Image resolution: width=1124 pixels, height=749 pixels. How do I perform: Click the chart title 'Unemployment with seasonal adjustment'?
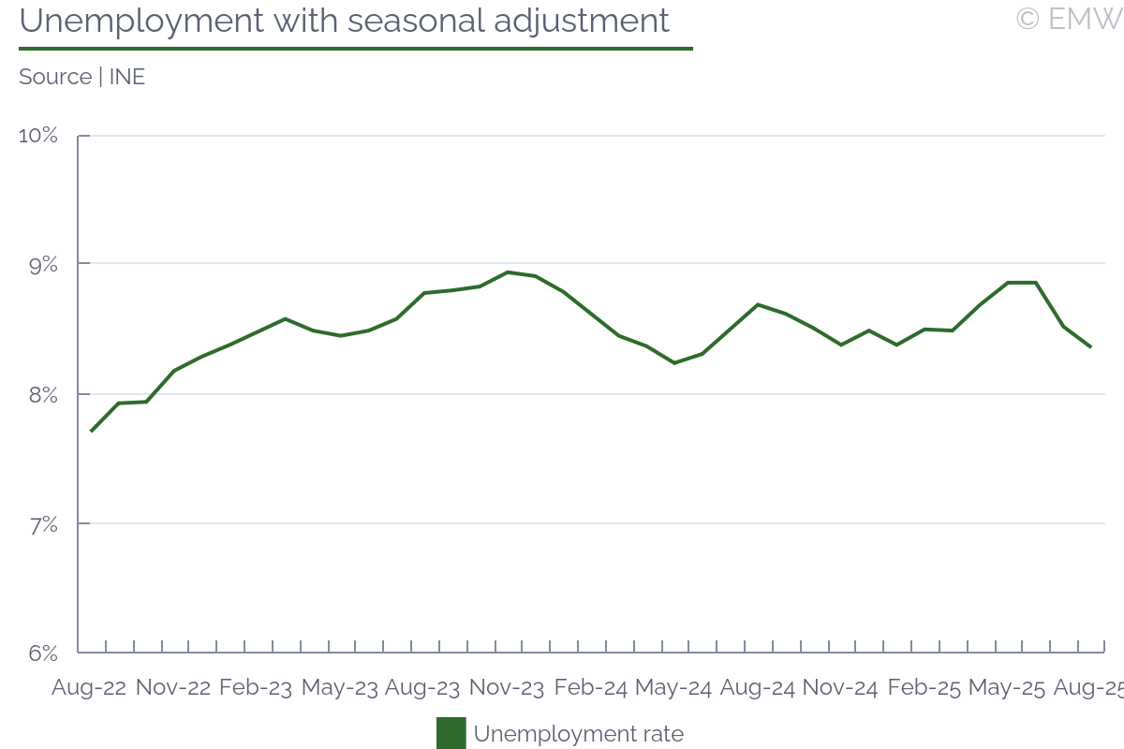coord(345,21)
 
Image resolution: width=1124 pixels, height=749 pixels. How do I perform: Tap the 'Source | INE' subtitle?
coord(82,77)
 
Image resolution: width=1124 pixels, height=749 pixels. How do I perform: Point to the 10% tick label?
coord(38,136)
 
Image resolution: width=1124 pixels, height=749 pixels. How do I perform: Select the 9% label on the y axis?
coord(43,265)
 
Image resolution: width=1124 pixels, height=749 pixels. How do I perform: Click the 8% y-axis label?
coord(43,394)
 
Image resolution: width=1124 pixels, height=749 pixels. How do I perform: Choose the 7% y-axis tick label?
coord(43,523)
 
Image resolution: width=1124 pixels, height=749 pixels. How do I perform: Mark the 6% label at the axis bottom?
coord(43,653)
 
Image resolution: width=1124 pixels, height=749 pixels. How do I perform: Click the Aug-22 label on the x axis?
coord(89,688)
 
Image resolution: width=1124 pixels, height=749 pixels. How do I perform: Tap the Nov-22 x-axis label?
coord(173,688)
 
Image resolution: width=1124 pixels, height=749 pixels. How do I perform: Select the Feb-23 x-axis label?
coord(256,688)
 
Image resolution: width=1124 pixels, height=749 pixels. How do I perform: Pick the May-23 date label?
coord(340,688)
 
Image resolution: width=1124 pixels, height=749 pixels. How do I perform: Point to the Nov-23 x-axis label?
coord(507,688)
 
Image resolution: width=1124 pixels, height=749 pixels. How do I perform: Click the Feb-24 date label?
coord(590,688)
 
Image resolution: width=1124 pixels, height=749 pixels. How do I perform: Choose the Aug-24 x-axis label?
coord(758,688)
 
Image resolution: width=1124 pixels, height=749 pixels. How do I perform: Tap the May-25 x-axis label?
coord(1007,688)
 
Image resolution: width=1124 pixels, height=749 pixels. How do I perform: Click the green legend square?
coord(451,733)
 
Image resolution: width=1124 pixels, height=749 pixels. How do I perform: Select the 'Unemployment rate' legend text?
coord(578,734)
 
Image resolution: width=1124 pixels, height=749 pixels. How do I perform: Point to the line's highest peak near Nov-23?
coord(507,272)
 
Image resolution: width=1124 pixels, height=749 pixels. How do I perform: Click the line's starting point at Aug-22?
coord(91,431)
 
